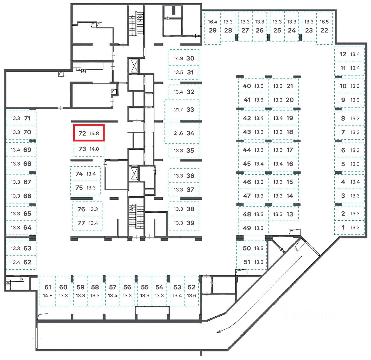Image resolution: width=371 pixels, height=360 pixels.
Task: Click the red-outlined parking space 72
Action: [x=89, y=133]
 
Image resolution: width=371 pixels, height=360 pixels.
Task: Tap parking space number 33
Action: [x=190, y=110]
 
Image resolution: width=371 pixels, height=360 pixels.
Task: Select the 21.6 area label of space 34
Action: [x=178, y=133]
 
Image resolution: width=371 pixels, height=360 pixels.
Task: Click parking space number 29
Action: [x=213, y=30]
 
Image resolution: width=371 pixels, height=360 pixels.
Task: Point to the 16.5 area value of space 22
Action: [x=324, y=22]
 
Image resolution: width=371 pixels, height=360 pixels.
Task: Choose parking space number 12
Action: [x=343, y=54]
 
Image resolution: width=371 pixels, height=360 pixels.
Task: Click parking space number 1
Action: [x=343, y=227]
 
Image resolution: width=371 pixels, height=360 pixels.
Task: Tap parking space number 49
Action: [x=247, y=228]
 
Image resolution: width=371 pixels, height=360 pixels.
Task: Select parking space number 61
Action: [x=48, y=287]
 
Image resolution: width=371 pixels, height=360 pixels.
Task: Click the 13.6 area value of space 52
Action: [x=192, y=295]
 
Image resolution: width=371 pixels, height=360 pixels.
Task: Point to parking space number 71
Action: [x=27, y=118]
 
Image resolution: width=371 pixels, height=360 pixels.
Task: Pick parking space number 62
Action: [x=27, y=262]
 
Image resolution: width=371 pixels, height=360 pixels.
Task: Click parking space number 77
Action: [x=81, y=223]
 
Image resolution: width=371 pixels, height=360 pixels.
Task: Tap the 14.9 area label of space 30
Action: [x=178, y=58]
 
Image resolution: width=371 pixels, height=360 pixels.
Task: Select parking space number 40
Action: [x=247, y=86]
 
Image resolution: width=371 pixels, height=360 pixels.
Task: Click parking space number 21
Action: [x=290, y=86]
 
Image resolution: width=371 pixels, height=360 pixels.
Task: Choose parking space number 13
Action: [x=290, y=214]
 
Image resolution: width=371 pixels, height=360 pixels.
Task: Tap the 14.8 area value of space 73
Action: [x=94, y=149]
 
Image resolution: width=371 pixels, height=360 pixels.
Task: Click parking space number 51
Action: [x=247, y=262]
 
